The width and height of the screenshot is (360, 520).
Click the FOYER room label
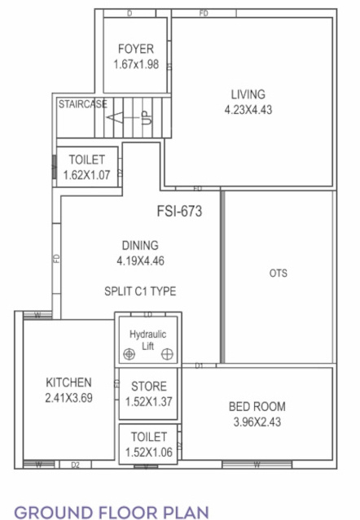pos(135,48)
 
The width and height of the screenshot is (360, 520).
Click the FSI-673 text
pos(178,212)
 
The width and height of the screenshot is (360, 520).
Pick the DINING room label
pos(139,245)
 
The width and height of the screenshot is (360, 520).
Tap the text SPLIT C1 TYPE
pos(140,291)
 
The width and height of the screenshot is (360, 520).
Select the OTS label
pos(278,273)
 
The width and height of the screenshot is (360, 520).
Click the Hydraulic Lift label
pos(147,339)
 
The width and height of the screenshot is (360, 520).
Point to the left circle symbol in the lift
pos(129,354)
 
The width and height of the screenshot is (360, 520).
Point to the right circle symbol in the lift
pos(167,354)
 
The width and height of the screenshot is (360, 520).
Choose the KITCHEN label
pos(68,382)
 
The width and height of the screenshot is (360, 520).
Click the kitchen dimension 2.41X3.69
pos(68,398)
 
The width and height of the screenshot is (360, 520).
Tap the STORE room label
pos(148,387)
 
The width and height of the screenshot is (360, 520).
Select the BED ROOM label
pos(257,406)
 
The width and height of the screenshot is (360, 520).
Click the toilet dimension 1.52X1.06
pos(148,452)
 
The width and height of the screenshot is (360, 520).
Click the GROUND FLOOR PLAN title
pos(112,512)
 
